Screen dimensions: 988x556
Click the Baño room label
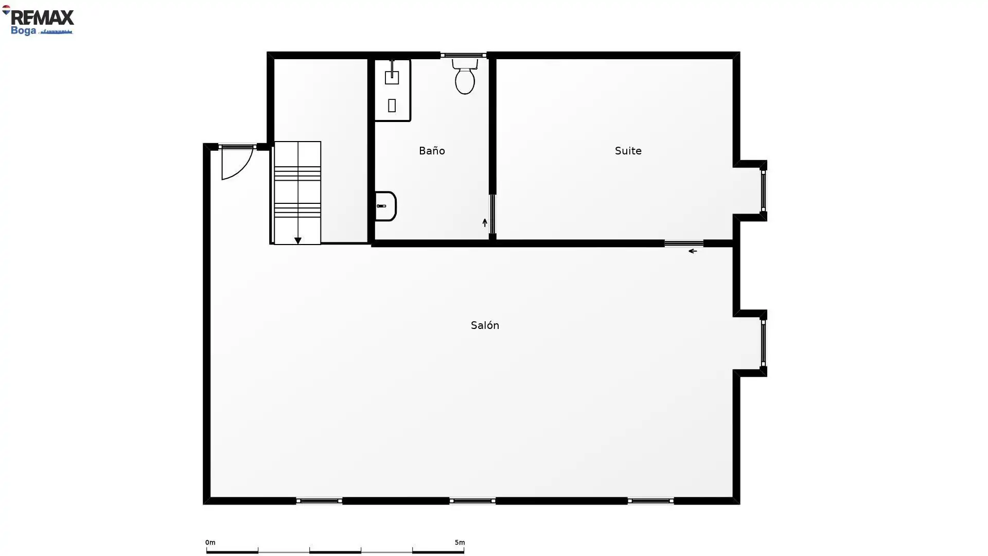432,151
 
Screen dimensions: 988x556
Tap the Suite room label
628,151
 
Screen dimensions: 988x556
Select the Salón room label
485,325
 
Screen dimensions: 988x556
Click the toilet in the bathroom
465,77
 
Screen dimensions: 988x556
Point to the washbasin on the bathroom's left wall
385,206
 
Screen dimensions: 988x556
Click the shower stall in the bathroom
392,90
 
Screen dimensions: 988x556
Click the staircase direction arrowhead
297,240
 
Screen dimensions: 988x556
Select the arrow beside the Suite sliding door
693,251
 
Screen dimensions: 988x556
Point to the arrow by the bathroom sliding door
485,222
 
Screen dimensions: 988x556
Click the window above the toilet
464,55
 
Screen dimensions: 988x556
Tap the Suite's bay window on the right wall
763,190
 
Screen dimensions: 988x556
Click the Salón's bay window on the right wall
763,342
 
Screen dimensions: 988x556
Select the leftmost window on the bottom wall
319,501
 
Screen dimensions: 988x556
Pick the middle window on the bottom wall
472,501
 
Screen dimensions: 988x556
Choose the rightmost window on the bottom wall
650,501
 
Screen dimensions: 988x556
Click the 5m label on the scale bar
460,543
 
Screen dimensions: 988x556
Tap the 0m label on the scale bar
210,543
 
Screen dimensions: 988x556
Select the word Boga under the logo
23,31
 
